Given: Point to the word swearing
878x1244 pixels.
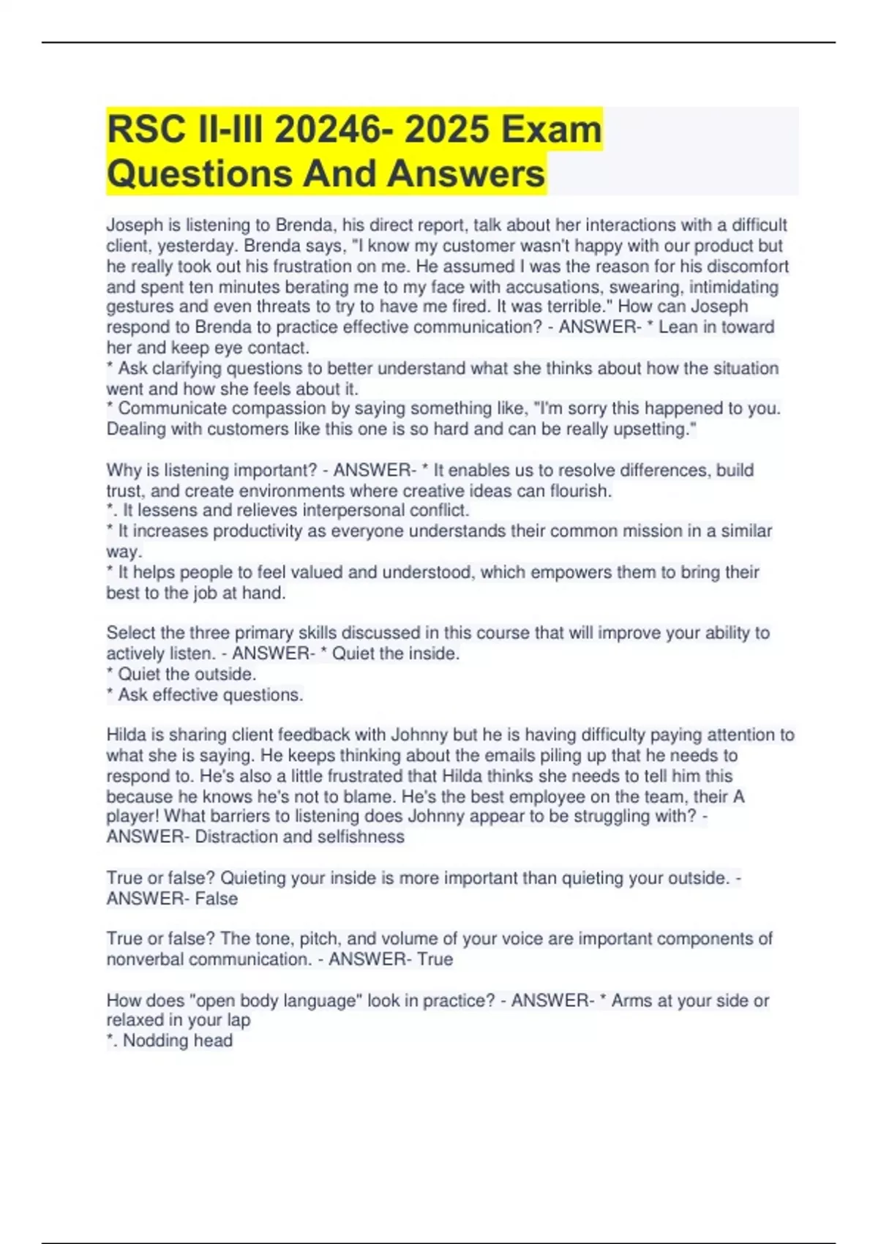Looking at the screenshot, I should point(648,286).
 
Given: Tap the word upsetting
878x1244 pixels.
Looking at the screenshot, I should point(654,429).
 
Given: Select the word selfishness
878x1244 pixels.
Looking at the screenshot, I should point(358,836).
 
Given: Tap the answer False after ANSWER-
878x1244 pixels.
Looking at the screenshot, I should point(216,898).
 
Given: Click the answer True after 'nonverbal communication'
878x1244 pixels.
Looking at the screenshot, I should point(435,959).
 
